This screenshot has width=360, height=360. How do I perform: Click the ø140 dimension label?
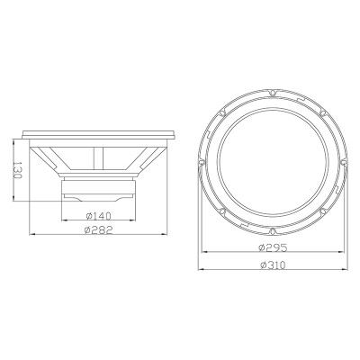[x=98, y=216]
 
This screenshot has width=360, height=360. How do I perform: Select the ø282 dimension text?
[x=98, y=229]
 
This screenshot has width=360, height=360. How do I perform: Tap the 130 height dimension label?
[x=18, y=170]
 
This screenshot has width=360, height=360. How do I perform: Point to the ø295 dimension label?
[x=273, y=247]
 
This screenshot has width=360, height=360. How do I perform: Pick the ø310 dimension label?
[x=273, y=265]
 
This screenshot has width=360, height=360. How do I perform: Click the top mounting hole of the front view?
[x=272, y=93]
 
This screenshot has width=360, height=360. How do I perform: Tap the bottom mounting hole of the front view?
[x=272, y=231]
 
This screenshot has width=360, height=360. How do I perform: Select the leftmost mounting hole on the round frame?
[x=202, y=162]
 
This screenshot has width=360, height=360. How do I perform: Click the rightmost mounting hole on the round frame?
[x=343, y=162]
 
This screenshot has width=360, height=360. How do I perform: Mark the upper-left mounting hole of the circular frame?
[x=222, y=113]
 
